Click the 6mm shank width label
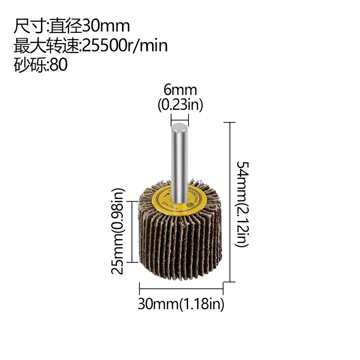[x=180, y=90]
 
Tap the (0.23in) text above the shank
[x=180, y=105]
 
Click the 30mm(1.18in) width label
[x=181, y=304]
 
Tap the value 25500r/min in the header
[x=126, y=45]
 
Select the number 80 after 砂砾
[x=58, y=65]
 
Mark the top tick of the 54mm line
[x=230, y=122]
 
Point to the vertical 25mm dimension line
[x=131, y=232]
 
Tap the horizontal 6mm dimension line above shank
[x=180, y=120]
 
